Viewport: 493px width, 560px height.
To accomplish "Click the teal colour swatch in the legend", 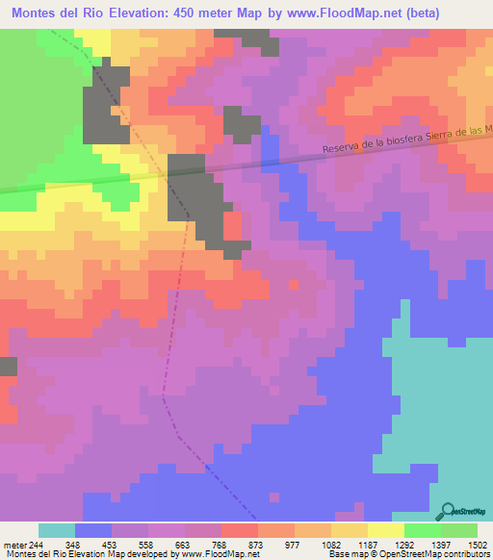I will click(x=57, y=530).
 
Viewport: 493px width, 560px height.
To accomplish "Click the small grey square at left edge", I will click(x=8, y=366).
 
